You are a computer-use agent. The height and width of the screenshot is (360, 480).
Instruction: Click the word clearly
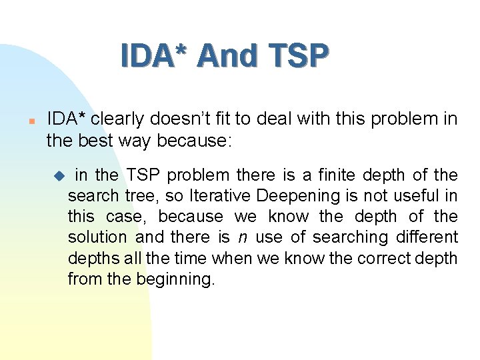(x=117, y=119)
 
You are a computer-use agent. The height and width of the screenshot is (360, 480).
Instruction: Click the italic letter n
(x=243, y=237)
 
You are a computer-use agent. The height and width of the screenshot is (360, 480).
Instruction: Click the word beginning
(x=176, y=279)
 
